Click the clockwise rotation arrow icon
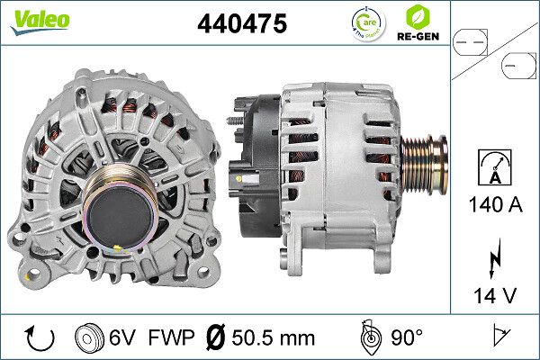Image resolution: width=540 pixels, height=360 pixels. (40, 338)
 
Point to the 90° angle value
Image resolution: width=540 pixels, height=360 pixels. (406, 338)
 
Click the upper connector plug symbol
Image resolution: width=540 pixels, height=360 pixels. (472, 40)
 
